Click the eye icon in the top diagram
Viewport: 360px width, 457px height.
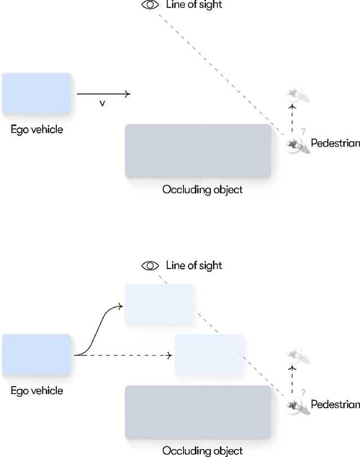[150, 5]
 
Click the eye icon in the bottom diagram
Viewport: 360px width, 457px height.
[150, 266]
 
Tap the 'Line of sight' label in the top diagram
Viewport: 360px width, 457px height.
[194, 5]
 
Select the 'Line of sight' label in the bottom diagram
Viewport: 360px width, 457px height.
[194, 266]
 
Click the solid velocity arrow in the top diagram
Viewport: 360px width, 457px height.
[103, 94]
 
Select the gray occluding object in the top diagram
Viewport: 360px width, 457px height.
[198, 151]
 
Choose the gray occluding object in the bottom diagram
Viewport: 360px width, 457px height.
[198, 412]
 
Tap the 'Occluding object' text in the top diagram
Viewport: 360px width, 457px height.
[202, 190]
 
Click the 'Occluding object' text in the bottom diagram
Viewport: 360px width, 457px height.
[202, 450]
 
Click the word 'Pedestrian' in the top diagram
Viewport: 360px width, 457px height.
[335, 144]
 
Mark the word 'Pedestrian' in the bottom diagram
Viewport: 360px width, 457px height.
[335, 405]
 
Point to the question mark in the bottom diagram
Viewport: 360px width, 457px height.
[303, 392]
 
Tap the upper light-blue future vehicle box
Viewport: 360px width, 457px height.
[159, 304]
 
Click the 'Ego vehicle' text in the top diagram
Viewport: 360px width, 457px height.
[37, 130]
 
